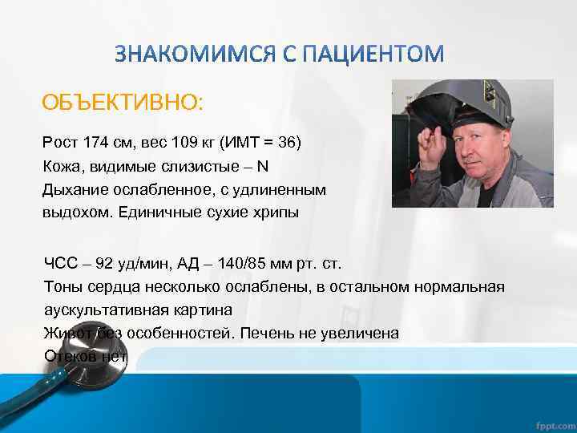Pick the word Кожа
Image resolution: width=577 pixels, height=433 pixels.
(61, 167)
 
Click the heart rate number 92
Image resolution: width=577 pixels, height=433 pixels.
(104, 264)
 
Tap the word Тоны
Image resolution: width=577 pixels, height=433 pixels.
(62, 287)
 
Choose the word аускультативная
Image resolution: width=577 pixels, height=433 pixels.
(104, 310)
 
